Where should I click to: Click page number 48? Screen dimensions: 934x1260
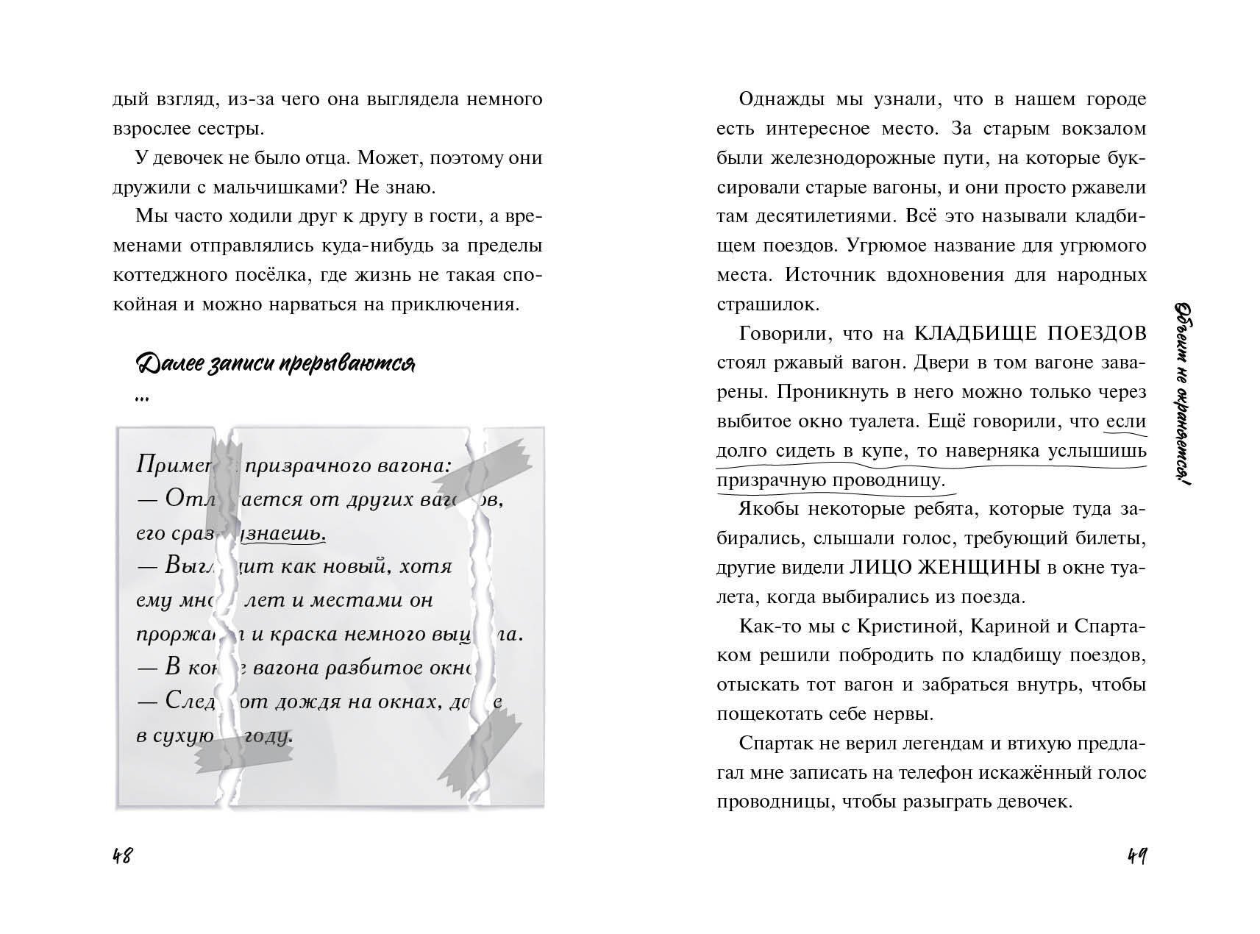click(122, 856)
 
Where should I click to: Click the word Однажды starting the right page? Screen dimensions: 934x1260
click(780, 99)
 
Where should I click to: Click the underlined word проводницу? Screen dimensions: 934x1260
click(889, 480)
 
